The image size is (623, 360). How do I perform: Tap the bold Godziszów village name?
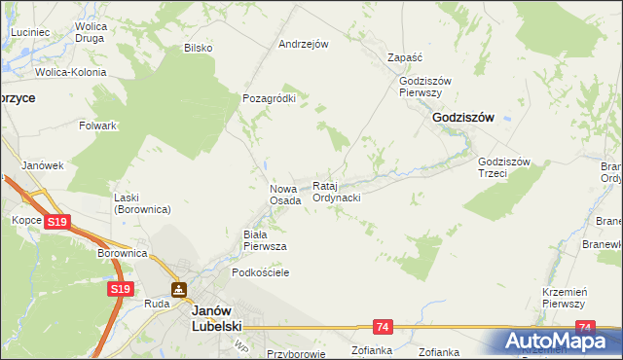pyautogui.click(x=462, y=117)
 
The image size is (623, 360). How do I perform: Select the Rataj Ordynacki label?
pyautogui.click(x=337, y=192)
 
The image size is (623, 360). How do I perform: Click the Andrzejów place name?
pyautogui.click(x=304, y=44)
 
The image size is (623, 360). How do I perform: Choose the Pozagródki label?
pyautogui.click(x=269, y=98)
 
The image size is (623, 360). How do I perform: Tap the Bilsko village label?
pyautogui.click(x=199, y=48)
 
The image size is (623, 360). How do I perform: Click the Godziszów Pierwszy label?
pyautogui.click(x=421, y=87)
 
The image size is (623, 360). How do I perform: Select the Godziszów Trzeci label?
pyautogui.click(x=503, y=167)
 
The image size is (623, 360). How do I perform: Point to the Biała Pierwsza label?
pyautogui.click(x=264, y=240)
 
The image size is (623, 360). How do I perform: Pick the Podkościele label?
pyautogui.click(x=257, y=273)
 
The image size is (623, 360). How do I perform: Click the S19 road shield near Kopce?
pyautogui.click(x=57, y=223)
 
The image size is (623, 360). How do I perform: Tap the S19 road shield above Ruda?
pyautogui.click(x=120, y=289)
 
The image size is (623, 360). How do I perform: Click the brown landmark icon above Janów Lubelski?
pyautogui.click(x=179, y=289)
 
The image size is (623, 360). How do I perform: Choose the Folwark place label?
pyautogui.click(x=98, y=126)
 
